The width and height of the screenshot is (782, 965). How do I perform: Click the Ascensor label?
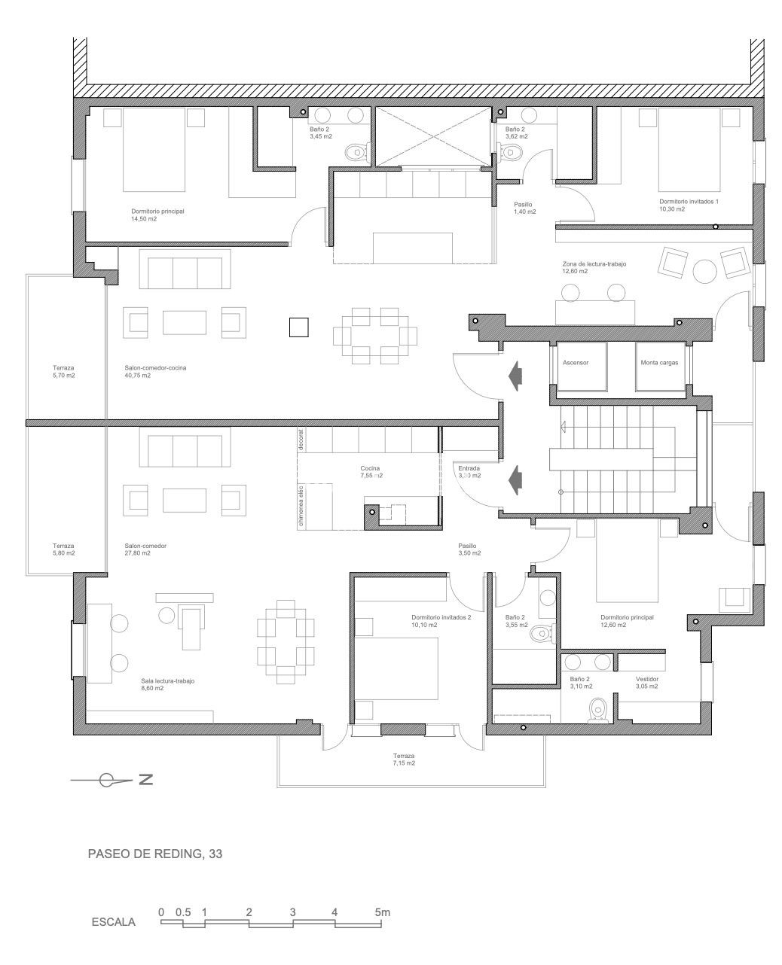575,363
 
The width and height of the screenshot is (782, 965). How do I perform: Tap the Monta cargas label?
659,363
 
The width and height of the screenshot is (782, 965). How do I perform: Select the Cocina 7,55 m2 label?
371,472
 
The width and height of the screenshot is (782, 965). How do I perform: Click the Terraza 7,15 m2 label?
404,760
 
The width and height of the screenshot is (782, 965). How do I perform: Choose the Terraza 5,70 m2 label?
64,372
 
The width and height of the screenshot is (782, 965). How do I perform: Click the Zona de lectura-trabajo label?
594,267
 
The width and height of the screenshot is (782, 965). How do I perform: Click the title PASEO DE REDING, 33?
156,854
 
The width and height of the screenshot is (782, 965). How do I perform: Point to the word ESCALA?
113,922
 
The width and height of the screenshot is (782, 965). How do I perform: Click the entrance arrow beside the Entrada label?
515,477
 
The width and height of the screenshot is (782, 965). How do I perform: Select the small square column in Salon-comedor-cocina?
298,327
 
